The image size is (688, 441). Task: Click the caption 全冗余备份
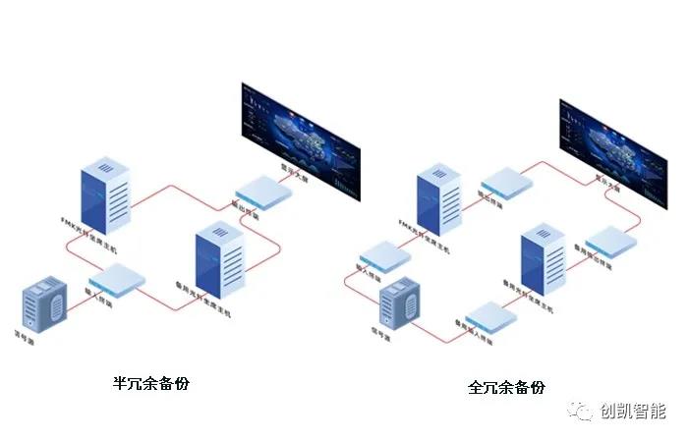tap(506, 387)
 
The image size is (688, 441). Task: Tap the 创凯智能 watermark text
tap(633, 411)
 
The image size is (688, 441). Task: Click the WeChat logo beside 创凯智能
tap(584, 411)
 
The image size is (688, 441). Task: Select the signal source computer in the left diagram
tap(45, 303)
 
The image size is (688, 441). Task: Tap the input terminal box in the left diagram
tap(117, 282)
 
